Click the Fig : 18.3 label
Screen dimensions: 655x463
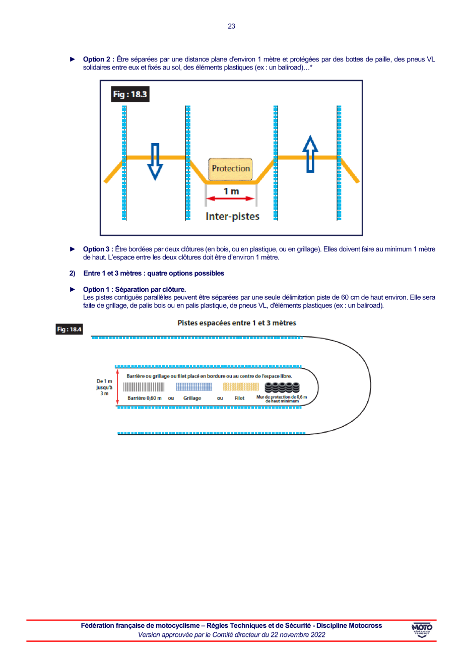130,94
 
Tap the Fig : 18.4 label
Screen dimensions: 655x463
70,330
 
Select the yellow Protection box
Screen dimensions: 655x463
231,169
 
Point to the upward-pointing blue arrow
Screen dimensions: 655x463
311,154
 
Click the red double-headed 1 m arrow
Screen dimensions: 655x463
231,199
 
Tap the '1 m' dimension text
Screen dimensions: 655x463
231,190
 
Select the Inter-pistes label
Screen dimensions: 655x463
232,216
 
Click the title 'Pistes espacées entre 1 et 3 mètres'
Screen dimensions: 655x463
237,322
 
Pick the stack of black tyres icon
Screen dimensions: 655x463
282,387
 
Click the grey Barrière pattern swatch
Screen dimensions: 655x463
144,387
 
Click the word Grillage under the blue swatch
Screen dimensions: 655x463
192,398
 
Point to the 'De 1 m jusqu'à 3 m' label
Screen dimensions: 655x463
104,387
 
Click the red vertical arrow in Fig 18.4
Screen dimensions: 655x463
117,387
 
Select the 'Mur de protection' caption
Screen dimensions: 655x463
282,399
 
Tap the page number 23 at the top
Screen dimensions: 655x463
231,26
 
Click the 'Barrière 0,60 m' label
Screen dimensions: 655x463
145,398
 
